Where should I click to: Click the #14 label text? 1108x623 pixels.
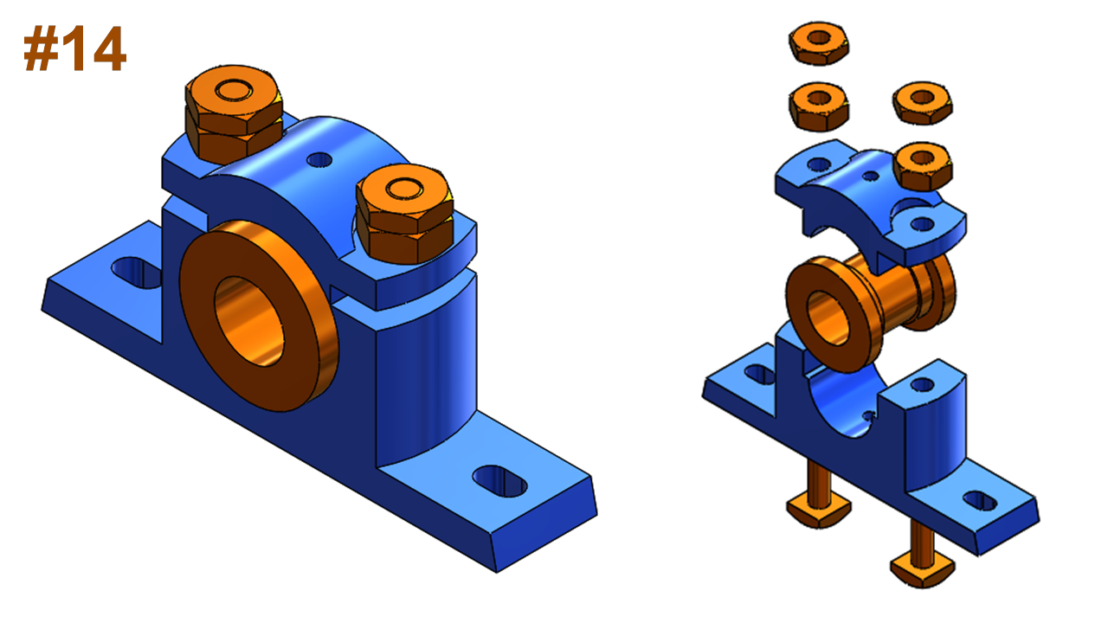[75, 50]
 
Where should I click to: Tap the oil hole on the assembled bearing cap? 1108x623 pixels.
[319, 160]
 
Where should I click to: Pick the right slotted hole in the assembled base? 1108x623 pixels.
[500, 480]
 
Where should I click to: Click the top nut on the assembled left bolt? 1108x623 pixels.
[232, 95]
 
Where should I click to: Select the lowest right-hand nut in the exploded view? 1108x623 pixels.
[923, 164]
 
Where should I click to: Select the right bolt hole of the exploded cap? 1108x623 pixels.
[923, 224]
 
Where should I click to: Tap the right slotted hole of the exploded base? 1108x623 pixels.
[979, 500]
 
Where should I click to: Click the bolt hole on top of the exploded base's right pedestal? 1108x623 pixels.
[923, 384]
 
